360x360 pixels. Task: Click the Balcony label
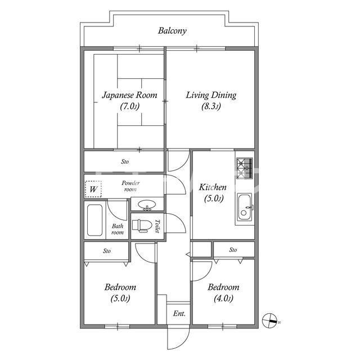tap(172, 31)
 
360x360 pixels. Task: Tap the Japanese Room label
tap(130, 100)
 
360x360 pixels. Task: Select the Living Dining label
tap(211, 101)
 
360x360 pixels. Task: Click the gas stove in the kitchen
tap(245, 168)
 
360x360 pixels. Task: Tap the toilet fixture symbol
tap(142, 226)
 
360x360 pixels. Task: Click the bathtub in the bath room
tap(95, 220)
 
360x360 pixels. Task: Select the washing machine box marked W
tap(93, 189)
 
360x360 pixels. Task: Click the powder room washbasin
tap(147, 204)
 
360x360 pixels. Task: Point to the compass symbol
tap(270, 321)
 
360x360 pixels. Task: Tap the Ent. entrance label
tap(179, 313)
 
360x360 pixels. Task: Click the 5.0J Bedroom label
tap(120, 292)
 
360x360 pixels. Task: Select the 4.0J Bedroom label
tap(223, 292)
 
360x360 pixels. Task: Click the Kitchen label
tap(213, 192)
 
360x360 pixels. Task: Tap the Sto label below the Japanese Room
tap(125, 161)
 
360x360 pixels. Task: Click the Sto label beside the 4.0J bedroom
tap(233, 250)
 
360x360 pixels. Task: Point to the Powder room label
tap(130, 186)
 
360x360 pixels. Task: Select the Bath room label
tap(118, 229)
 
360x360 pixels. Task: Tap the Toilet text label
tap(157, 226)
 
